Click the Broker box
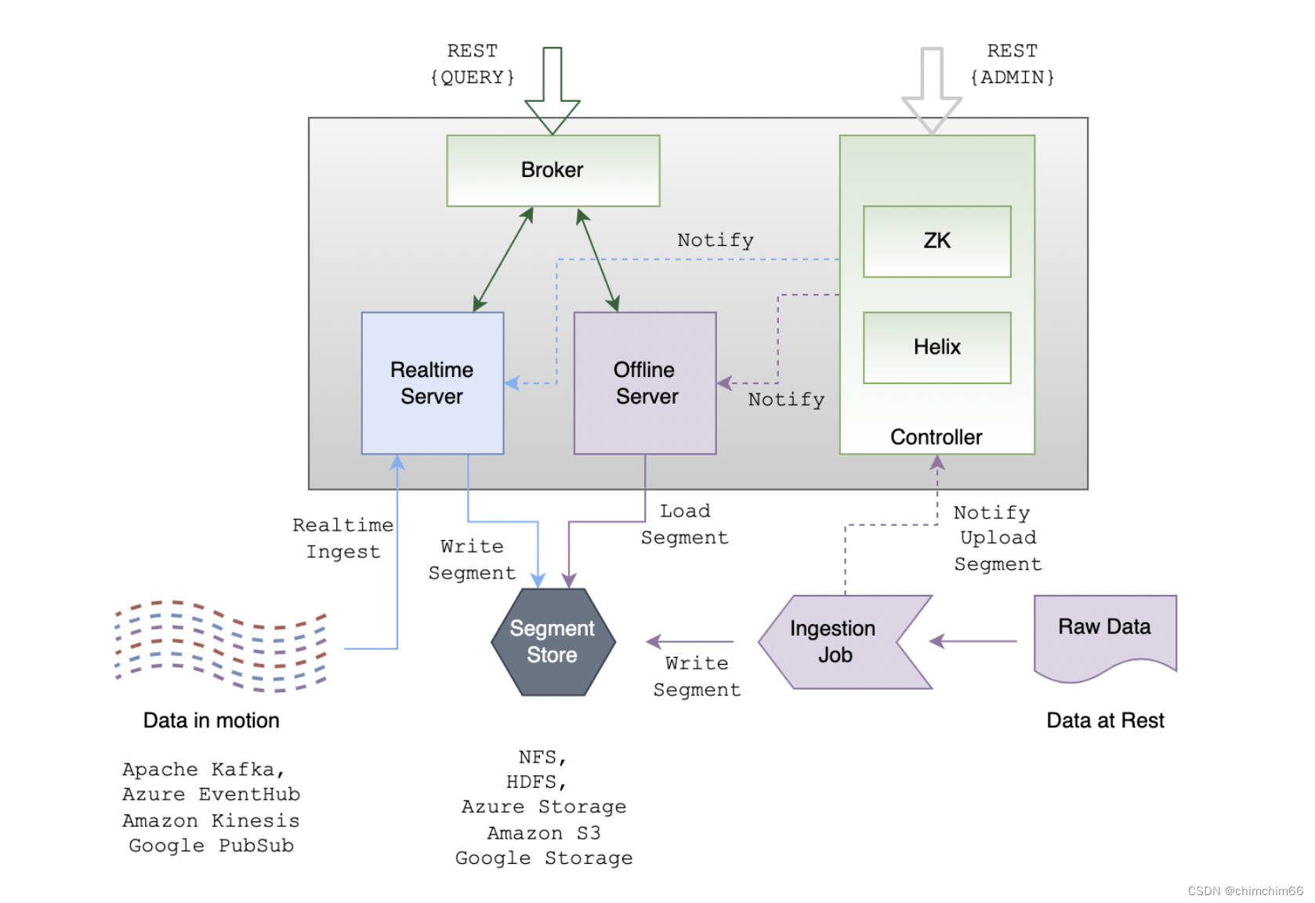552,170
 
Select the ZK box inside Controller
936,241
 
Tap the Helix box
936,347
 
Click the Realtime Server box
432,383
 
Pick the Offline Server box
645,383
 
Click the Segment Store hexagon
552,642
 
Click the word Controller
936,437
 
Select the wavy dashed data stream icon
220,646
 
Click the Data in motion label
211,720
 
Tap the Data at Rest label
1105,720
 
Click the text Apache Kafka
203,769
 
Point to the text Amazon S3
543,832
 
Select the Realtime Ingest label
342,539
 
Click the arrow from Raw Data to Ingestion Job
973,641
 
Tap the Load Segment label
684,524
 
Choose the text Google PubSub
211,846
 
